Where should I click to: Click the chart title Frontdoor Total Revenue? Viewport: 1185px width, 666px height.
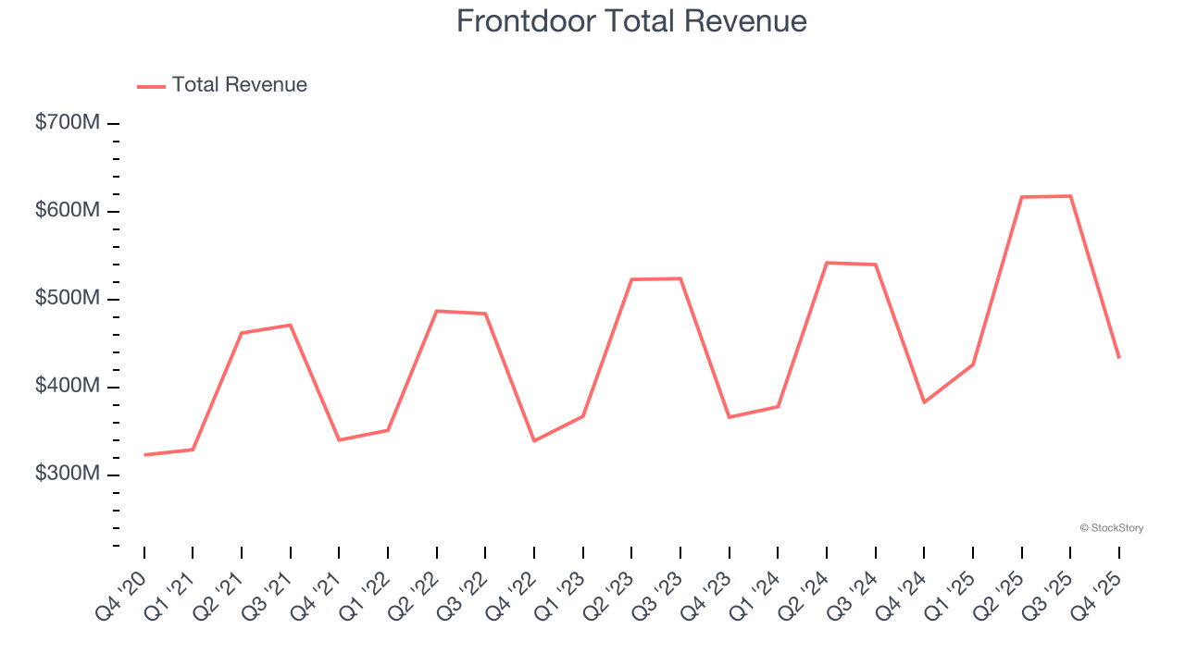(x=631, y=21)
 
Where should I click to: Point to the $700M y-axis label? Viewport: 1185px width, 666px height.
(x=68, y=123)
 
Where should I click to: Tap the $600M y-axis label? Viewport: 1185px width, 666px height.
(x=68, y=211)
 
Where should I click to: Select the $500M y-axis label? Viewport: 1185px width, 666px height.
(x=68, y=299)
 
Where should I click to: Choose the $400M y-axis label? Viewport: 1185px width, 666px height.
(x=68, y=387)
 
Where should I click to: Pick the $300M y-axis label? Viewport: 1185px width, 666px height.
(x=68, y=475)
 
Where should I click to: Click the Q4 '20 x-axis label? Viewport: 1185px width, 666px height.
(x=122, y=594)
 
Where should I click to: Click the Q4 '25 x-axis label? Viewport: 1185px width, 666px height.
(x=1097, y=594)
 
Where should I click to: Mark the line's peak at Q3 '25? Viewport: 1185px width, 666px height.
(x=1070, y=196)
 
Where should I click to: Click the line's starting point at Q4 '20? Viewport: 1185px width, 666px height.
(x=144, y=455)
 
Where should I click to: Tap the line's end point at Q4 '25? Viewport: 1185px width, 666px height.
(x=1119, y=358)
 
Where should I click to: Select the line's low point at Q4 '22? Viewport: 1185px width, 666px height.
(x=534, y=441)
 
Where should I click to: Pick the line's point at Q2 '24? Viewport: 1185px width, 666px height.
(x=827, y=263)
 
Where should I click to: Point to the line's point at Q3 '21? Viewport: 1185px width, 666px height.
(x=291, y=325)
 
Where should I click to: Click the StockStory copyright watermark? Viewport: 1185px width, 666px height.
(x=1111, y=528)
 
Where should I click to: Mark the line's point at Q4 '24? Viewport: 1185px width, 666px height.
(x=924, y=402)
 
